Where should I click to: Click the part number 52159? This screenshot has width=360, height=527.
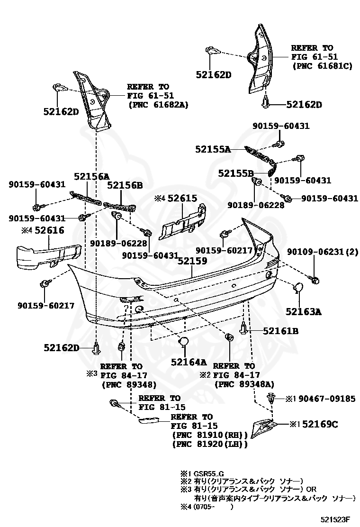tap(193, 260)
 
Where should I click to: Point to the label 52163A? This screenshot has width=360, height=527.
tap(303, 311)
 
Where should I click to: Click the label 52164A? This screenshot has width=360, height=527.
tap(189, 362)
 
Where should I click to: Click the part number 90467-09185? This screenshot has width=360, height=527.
tap(327, 399)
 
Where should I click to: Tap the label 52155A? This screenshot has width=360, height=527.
tap(213, 149)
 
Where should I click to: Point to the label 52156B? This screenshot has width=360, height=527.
tap(125, 185)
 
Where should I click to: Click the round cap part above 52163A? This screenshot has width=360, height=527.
tap(299, 288)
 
